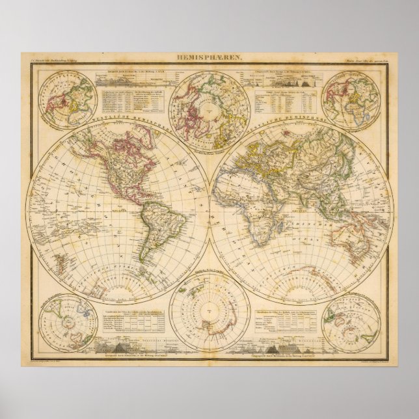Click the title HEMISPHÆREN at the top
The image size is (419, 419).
(209, 59)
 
